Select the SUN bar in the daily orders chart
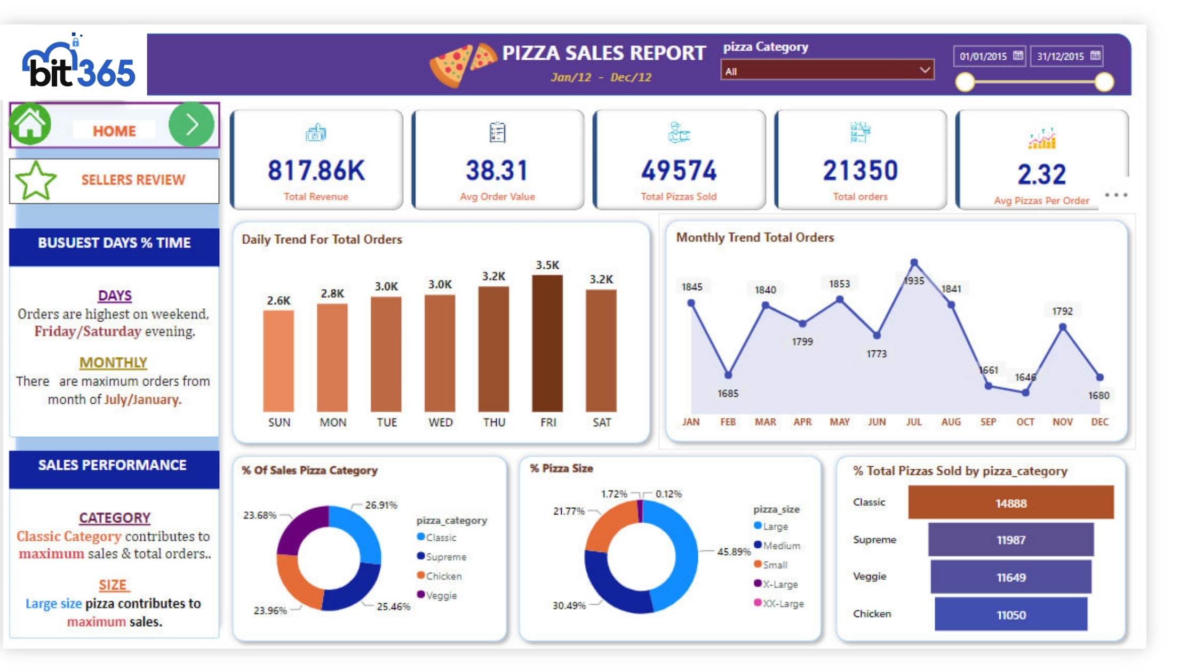pyautogui.click(x=278, y=361)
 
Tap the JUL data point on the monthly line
pyautogui.click(x=914, y=262)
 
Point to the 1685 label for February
pyautogui.click(x=728, y=394)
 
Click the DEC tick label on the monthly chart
pyautogui.click(x=1100, y=422)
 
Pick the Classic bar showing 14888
pyautogui.click(x=1010, y=503)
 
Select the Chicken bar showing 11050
pyautogui.click(x=1010, y=614)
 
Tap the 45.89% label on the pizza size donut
pyautogui.click(x=734, y=551)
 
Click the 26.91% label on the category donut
pyautogui.click(x=381, y=505)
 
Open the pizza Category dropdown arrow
pyautogui.click(x=925, y=70)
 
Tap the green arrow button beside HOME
pyautogui.click(x=192, y=125)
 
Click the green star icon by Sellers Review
pyautogui.click(x=36, y=181)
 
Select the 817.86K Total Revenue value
pyautogui.click(x=316, y=171)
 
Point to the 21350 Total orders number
pyautogui.click(x=860, y=171)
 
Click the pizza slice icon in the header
pyautogui.click(x=462, y=65)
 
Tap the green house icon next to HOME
pyautogui.click(x=30, y=124)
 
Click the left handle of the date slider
pyautogui.click(x=965, y=82)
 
